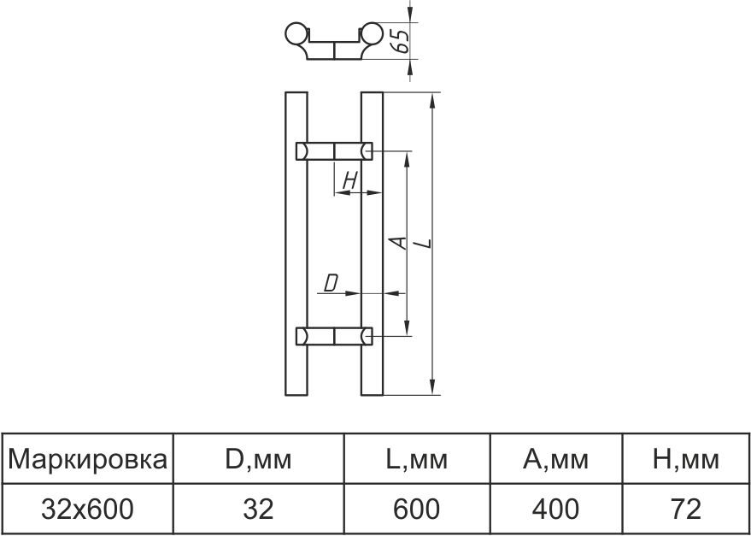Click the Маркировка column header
coord(87,460)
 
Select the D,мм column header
coord(258,460)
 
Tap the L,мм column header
coord(416,460)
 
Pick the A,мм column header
coord(555,460)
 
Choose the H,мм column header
coord(686,460)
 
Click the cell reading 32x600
coord(87,509)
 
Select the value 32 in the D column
coord(258,509)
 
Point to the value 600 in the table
coord(416,509)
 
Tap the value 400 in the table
coord(555,509)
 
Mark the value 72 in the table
coord(686,509)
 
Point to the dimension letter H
coord(349,180)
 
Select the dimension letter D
coord(331,281)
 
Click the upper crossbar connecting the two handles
coord(334,151)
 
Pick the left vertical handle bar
coord(295,244)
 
